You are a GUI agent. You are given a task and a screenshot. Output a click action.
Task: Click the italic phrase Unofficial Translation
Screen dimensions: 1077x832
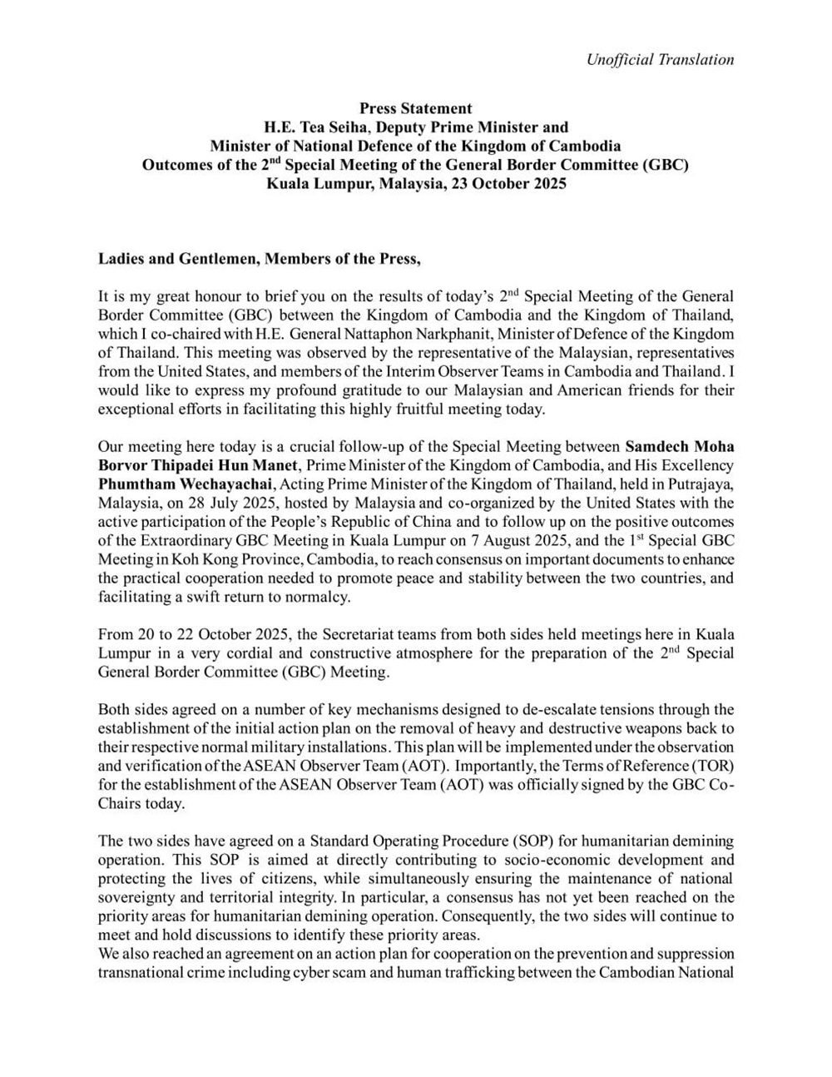tap(660, 59)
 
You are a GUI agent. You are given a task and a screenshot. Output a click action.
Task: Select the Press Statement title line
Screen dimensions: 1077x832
tap(415, 108)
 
